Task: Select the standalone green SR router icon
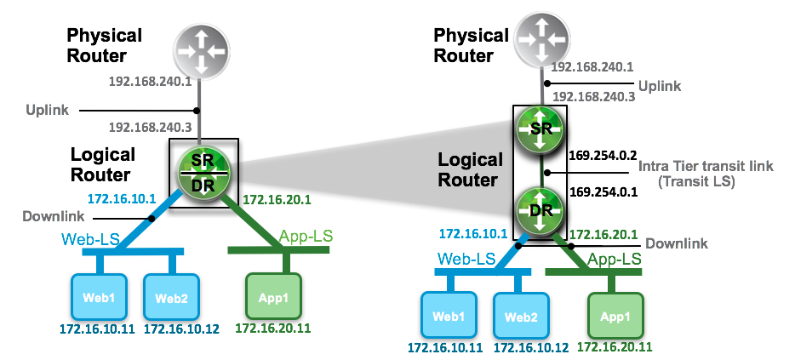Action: pos(540,130)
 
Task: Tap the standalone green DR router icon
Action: pos(540,209)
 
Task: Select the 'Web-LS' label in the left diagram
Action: pos(89,240)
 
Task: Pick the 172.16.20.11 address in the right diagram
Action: pos(615,346)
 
